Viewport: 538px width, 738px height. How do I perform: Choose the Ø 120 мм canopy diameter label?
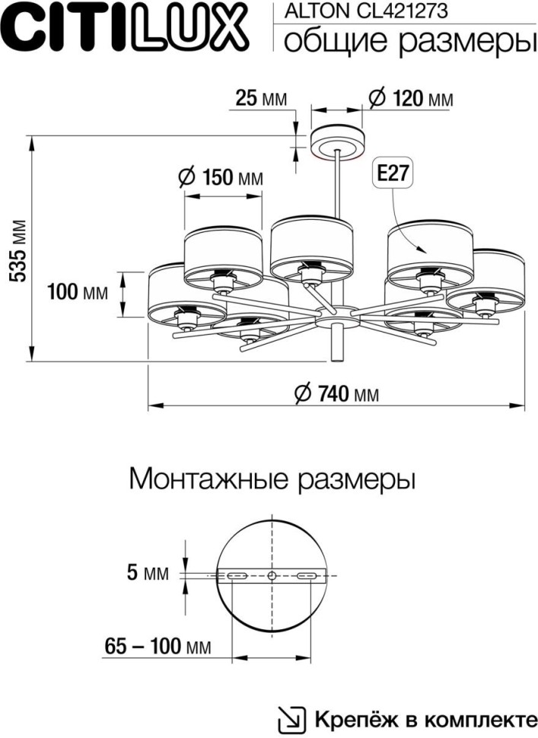coord(409,98)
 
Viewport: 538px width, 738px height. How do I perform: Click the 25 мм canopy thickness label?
coord(261,98)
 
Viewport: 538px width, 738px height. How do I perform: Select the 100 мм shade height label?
coord(77,291)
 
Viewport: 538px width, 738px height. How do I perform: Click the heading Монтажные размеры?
coord(272,480)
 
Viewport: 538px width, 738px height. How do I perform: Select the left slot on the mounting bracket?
coord(237,576)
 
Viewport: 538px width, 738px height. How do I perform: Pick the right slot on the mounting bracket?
coord(307,576)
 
